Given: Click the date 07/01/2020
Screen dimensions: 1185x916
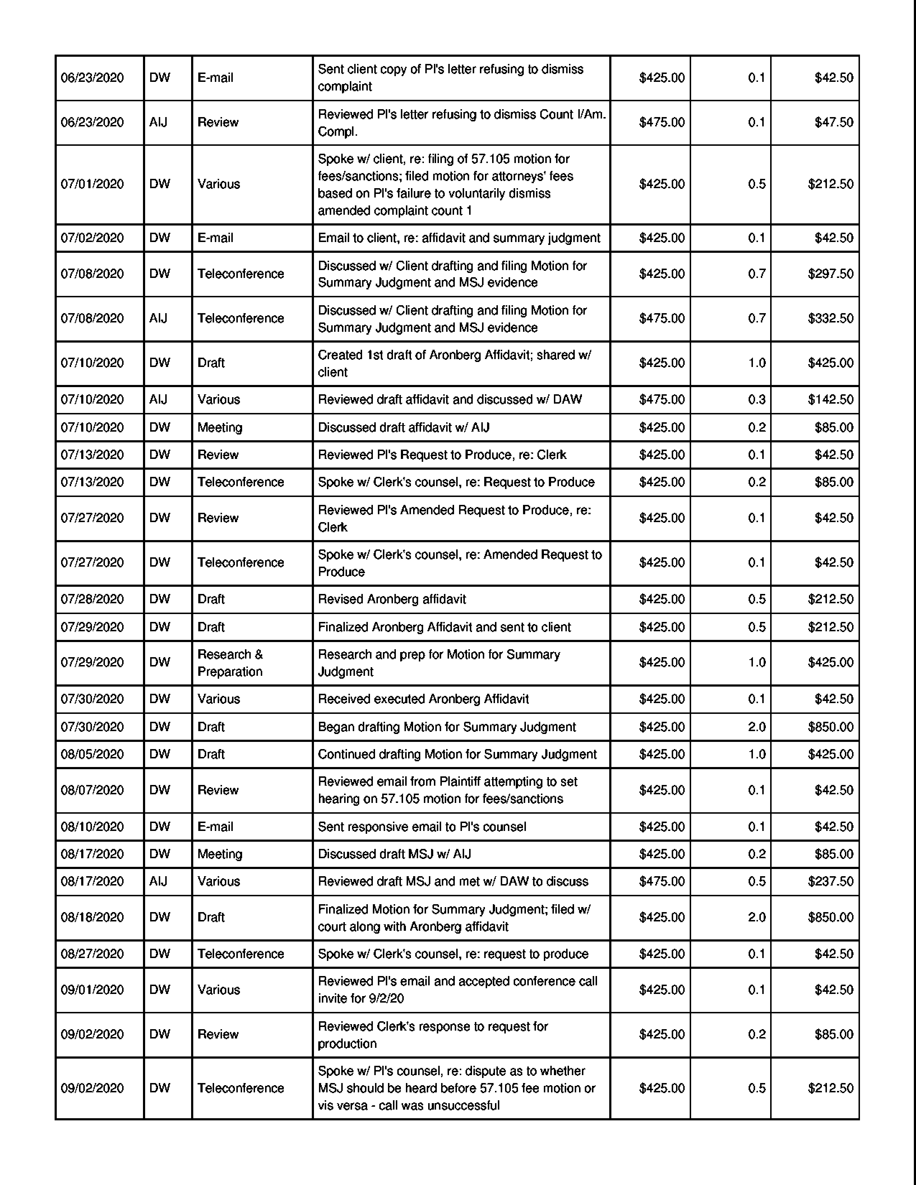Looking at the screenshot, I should click(x=92, y=184).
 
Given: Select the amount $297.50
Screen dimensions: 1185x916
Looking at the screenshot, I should click(x=830, y=274).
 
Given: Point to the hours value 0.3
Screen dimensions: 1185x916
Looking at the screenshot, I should click(x=757, y=399).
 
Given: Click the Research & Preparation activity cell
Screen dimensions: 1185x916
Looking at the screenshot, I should click(x=230, y=663).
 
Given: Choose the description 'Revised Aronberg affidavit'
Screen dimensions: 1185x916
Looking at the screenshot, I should click(x=392, y=599).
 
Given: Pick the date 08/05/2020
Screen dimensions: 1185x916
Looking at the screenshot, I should click(x=92, y=754).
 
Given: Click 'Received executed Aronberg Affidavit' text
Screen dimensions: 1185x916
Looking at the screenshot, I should click(x=423, y=698).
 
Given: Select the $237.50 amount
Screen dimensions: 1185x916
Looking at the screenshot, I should click(x=830, y=881).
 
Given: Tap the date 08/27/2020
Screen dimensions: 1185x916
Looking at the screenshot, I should click(x=92, y=953).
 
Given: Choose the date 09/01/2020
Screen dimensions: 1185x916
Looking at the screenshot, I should click(x=92, y=989).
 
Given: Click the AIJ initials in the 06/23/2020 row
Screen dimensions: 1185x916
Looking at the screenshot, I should click(x=158, y=122).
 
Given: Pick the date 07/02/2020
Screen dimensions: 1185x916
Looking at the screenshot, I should click(x=92, y=238).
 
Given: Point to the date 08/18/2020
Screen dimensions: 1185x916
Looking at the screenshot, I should click(x=92, y=917).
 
